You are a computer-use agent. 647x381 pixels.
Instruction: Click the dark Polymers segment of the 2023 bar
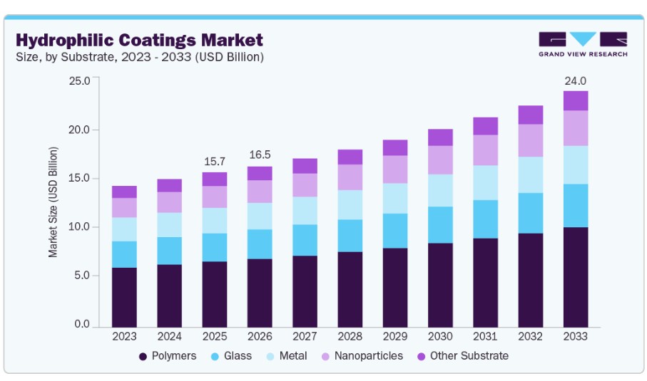pos(124,298)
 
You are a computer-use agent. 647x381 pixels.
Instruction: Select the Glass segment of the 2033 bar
pos(576,206)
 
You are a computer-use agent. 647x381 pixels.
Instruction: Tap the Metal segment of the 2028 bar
pos(350,204)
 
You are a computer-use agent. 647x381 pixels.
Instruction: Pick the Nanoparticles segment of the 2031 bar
pos(485,150)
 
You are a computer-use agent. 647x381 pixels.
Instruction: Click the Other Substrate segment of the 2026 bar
pos(260,173)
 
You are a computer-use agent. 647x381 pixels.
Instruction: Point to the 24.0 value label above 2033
pos(575,81)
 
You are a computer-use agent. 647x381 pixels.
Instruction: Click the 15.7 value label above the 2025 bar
pos(215,162)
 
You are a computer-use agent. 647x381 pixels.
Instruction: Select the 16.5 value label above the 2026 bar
pos(260,155)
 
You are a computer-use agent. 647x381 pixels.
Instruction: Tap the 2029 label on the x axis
pos(395,337)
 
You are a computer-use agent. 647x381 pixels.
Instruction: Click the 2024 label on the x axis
pos(169,337)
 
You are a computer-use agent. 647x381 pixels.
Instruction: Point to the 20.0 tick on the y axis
pos(79,130)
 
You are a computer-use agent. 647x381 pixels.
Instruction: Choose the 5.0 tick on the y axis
pos(82,276)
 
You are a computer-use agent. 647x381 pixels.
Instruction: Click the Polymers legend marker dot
pos(143,357)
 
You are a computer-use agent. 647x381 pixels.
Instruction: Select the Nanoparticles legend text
pos(369,356)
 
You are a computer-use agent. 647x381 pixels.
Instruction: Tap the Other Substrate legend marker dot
pos(422,357)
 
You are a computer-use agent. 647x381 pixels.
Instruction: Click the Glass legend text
pos(238,356)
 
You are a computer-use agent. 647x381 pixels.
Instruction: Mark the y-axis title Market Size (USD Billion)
pos(53,202)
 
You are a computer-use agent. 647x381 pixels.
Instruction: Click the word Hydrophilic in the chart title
pos(64,41)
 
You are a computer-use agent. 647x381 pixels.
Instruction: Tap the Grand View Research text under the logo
pos(583,54)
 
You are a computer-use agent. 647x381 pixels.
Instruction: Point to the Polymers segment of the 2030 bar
pos(440,286)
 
